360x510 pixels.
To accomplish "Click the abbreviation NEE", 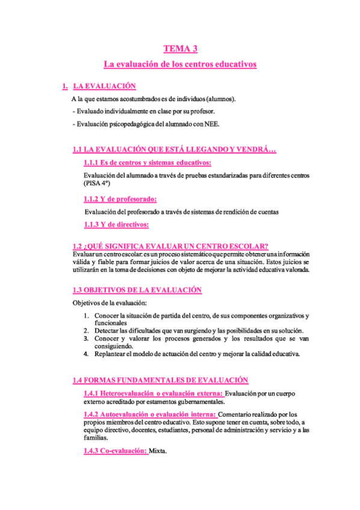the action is click(212, 124).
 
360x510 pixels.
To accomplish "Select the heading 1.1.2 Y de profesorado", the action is click(120, 199).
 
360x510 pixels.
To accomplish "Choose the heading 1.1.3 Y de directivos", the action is click(117, 225).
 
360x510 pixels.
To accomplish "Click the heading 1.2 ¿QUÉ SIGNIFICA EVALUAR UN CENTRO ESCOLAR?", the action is click(170, 246).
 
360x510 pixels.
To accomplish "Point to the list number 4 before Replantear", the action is click(87, 354).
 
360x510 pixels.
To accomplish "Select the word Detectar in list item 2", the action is click(107, 331).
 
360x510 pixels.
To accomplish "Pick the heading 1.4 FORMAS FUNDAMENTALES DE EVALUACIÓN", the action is click(160, 380).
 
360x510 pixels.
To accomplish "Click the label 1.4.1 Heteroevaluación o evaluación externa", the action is click(153, 393).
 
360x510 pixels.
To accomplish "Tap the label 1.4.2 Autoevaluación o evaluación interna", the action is click(150, 415).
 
